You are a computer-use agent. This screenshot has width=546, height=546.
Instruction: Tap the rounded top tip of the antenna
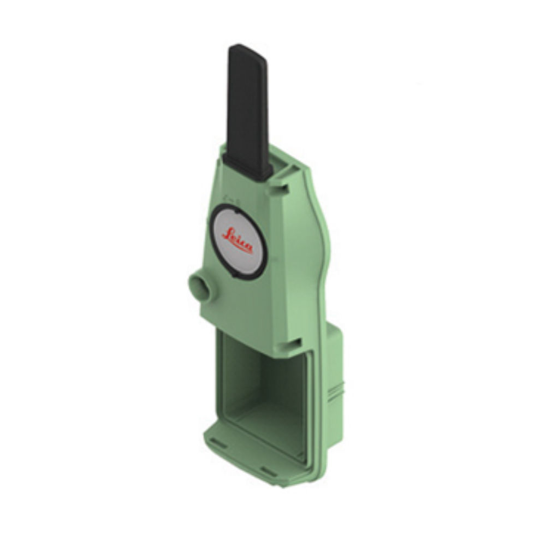pyautogui.click(x=240, y=49)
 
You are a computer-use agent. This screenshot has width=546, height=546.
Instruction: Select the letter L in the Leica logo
pyautogui.click(x=227, y=234)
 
